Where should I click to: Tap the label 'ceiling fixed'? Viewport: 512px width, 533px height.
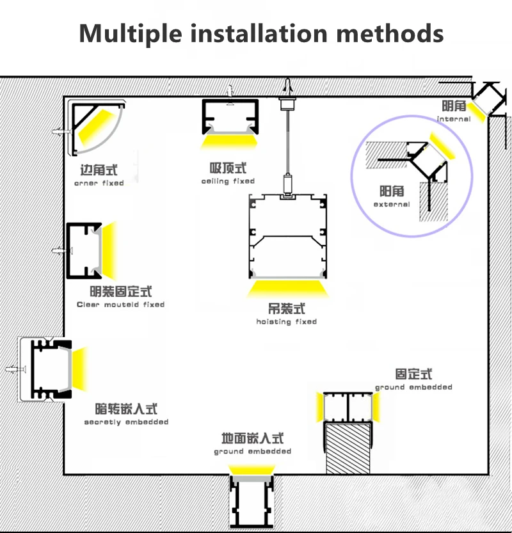[x=228, y=181]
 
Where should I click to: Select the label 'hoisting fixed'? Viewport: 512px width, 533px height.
[x=286, y=321]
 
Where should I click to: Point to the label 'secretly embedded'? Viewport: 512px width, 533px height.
[x=126, y=422]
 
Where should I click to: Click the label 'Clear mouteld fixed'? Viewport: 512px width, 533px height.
[x=120, y=305]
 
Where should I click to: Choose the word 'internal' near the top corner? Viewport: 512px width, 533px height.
[x=454, y=119]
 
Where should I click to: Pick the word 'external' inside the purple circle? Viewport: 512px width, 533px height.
[x=392, y=204]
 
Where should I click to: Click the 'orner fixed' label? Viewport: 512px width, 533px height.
[x=99, y=183]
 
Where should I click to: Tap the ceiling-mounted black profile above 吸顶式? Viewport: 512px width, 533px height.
[x=230, y=115]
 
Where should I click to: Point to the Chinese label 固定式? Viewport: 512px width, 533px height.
[x=413, y=374]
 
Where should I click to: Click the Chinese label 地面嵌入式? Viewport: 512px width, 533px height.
[x=252, y=438]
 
